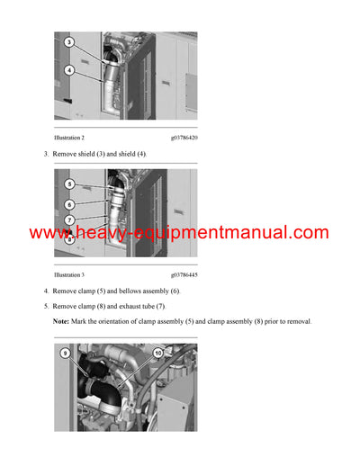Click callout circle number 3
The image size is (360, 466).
click(x=69, y=42)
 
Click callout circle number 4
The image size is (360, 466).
click(x=69, y=70)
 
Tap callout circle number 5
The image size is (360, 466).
click(x=69, y=184)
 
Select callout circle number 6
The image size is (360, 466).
click(x=69, y=204)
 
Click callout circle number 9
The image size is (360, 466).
click(x=65, y=354)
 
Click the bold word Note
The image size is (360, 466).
click(x=60, y=321)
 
